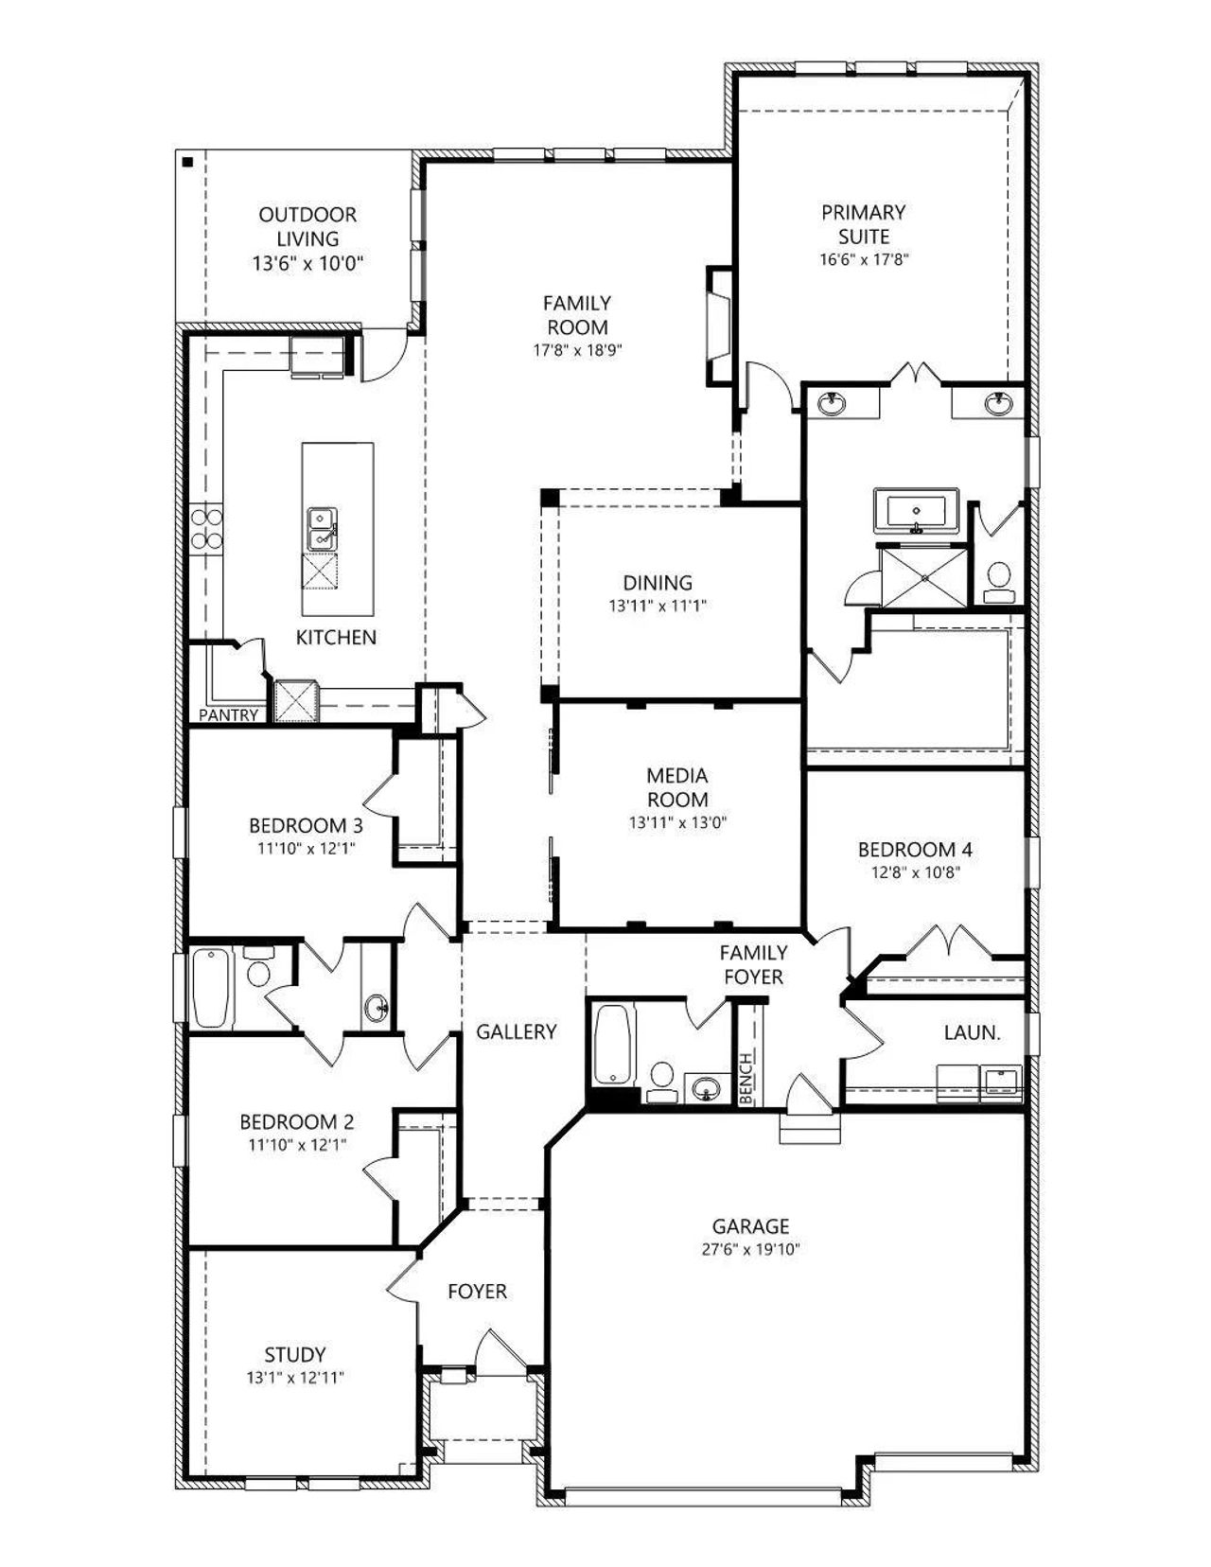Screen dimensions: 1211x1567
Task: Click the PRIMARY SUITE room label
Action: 864,224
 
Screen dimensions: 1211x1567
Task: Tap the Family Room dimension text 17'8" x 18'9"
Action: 577,350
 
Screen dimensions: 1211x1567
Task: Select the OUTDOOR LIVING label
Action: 307,226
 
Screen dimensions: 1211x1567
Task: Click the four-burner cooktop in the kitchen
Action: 206,529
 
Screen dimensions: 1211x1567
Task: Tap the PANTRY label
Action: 229,714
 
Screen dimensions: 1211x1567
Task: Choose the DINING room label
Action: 658,582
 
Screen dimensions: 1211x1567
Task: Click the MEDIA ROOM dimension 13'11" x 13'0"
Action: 677,822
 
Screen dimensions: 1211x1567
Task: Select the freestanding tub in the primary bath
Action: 916,511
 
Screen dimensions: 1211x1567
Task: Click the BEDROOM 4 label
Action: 916,850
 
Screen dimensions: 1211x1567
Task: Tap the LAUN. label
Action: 973,1032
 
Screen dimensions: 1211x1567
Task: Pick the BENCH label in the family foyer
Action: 746,1078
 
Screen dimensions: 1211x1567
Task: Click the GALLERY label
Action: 517,1032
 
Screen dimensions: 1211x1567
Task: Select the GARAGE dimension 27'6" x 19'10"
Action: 751,1249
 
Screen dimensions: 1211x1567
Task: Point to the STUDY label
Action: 295,1354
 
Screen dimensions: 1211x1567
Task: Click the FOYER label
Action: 477,1291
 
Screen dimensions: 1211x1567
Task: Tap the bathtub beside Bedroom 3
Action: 213,987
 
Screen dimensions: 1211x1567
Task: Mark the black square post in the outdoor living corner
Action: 187,162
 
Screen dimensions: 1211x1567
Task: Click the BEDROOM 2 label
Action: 297,1122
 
